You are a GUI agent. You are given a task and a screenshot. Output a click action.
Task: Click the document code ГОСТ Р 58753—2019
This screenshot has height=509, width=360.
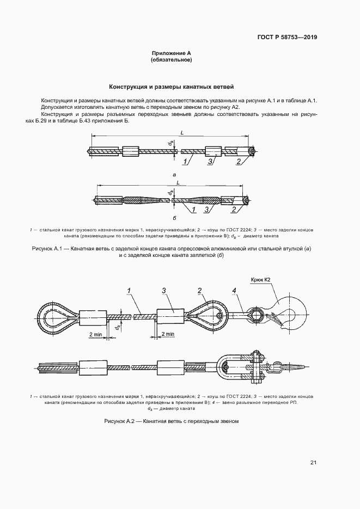point(287,38)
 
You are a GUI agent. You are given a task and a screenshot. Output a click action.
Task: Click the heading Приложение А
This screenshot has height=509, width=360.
point(171,53)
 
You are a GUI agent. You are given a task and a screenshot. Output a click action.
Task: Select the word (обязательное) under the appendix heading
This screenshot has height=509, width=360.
point(171,60)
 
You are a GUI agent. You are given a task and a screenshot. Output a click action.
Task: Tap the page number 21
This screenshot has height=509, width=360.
point(313,463)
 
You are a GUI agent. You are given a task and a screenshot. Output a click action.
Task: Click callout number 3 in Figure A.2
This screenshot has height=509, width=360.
point(164,291)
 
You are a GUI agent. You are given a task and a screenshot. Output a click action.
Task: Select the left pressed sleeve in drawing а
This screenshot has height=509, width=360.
point(131,151)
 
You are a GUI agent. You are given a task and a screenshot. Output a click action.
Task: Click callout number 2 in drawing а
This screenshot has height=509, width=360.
point(238,162)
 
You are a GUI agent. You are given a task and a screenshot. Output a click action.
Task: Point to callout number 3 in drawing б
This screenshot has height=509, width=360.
point(206,210)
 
